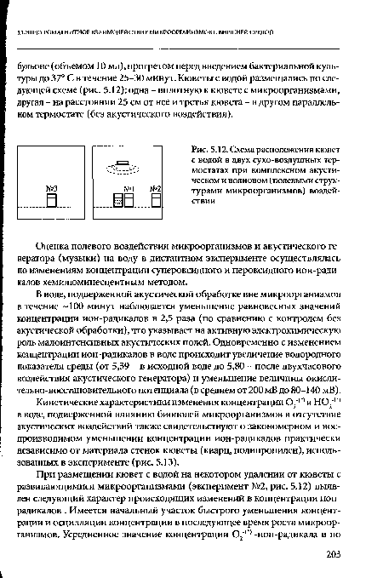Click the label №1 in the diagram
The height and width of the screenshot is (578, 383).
130,188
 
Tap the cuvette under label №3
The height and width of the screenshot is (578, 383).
51,202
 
